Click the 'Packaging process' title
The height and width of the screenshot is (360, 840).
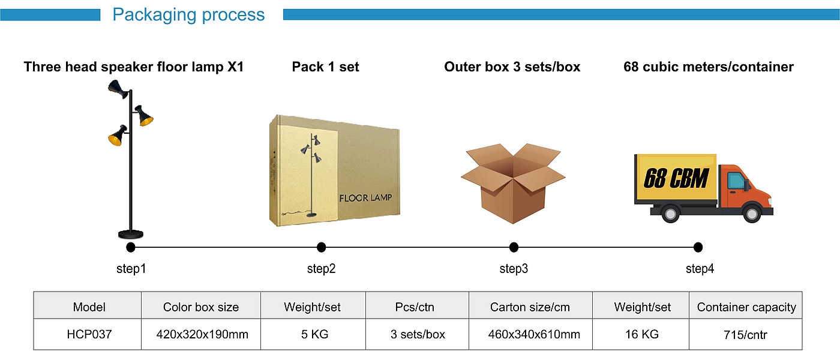tap(188, 14)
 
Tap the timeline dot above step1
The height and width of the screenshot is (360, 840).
tap(131, 247)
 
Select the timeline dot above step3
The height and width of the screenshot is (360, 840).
tap(514, 247)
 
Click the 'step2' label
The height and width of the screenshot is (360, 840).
tap(321, 269)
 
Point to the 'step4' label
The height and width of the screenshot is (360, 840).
tap(700, 269)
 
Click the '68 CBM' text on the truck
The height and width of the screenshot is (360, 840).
tap(676, 178)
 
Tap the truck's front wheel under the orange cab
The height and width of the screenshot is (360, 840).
tap(751, 213)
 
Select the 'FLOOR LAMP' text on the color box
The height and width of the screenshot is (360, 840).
tap(366, 198)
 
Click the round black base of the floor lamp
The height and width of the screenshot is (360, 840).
tap(131, 234)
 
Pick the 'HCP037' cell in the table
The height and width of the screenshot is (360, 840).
tap(89, 334)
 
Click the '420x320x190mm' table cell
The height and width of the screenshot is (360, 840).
tap(201, 334)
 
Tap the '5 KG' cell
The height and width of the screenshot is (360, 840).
tap(313, 334)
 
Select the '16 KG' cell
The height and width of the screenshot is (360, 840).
tap(641, 334)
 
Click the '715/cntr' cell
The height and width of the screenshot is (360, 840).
tap(746, 334)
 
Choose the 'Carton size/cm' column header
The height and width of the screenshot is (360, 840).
tap(530, 307)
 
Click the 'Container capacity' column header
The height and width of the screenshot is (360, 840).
tap(746, 307)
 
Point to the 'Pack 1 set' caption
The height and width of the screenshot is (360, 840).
tap(325, 67)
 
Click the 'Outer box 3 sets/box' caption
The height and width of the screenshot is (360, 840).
tap(512, 67)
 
